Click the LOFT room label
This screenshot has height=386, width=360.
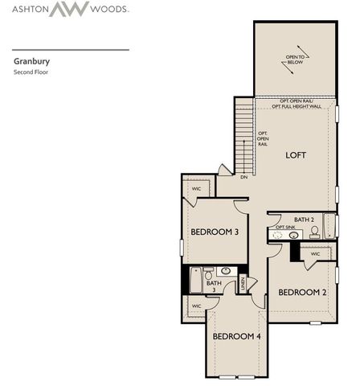296,154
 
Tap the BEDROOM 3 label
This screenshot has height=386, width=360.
214,232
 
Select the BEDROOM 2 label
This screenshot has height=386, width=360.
302,292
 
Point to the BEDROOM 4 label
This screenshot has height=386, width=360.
236,335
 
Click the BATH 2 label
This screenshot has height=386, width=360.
303,219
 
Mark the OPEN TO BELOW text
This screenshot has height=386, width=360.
296,60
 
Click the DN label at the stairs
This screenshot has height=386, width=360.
243,177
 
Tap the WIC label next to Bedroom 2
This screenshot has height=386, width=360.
315,253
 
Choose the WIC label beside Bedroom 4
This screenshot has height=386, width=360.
197,306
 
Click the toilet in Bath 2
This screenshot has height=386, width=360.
314,232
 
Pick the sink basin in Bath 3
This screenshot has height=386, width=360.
225,271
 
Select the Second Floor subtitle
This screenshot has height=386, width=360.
31,72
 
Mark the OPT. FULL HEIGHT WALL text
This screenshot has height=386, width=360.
295,106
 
